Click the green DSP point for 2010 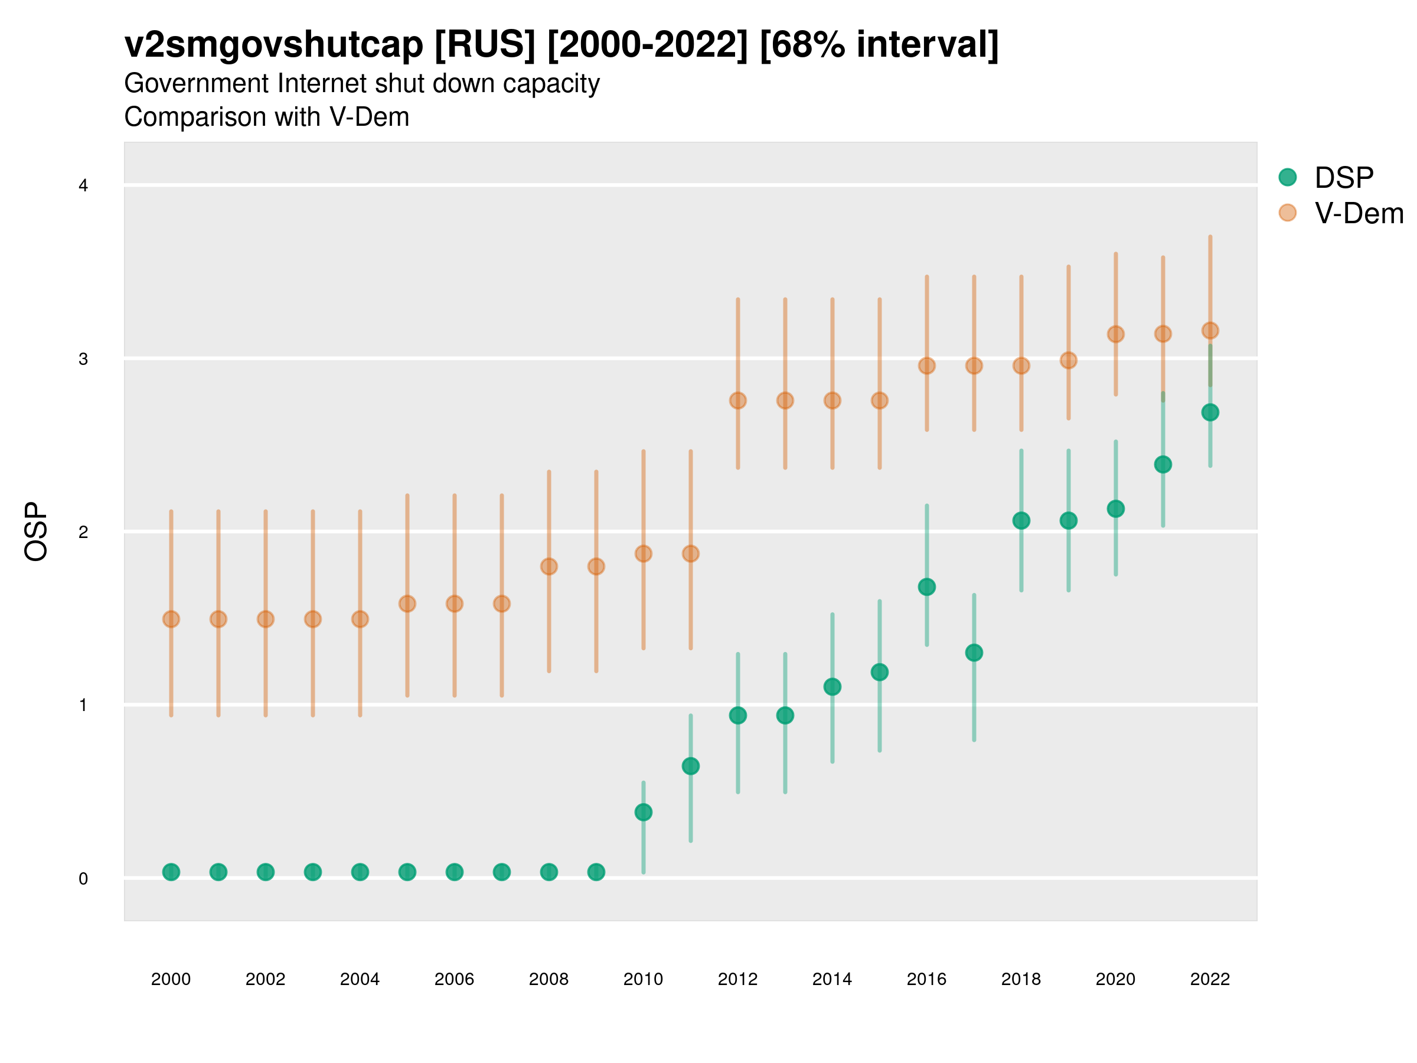pos(643,813)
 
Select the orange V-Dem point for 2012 pos(738,400)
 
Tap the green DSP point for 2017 pos(974,653)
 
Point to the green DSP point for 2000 pos(171,872)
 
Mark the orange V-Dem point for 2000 pos(171,619)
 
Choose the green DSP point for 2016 pos(927,587)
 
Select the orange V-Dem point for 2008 pos(549,566)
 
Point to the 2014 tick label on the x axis pos(832,979)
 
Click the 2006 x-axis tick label pos(454,979)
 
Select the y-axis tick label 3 pos(83,359)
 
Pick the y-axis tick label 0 pos(83,879)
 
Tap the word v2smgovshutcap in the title pos(273,45)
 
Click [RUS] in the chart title pos(484,45)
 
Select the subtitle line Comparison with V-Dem pos(266,118)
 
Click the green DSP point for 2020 pos(1115,508)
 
